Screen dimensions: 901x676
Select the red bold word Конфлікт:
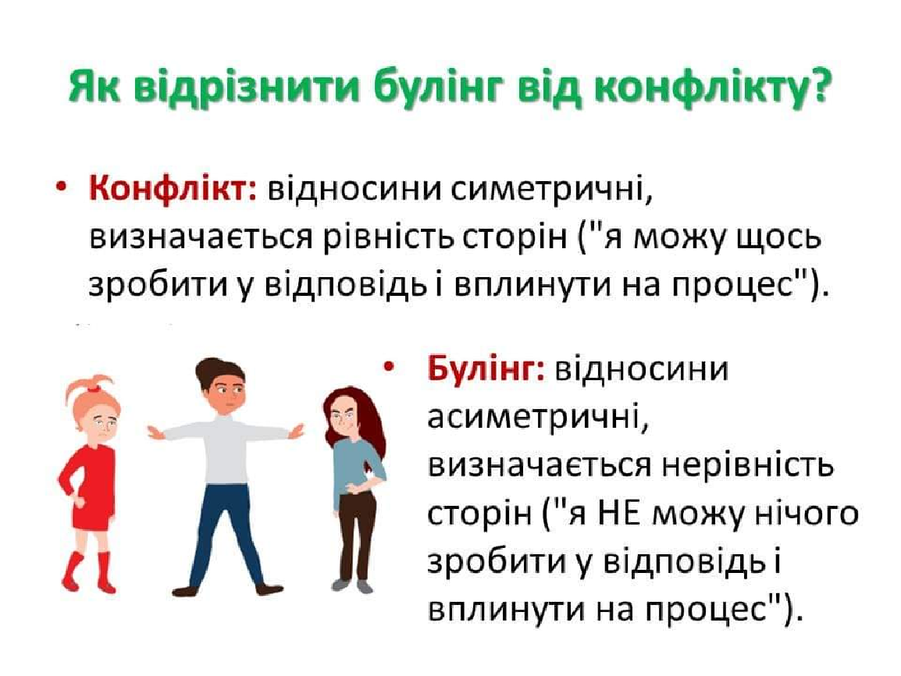pyautogui.click(x=173, y=189)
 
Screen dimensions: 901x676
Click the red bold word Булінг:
pyautogui.click(x=486, y=368)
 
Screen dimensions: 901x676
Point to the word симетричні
pyautogui.click(x=552, y=190)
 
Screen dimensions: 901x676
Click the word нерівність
pyautogui.click(x=746, y=465)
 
